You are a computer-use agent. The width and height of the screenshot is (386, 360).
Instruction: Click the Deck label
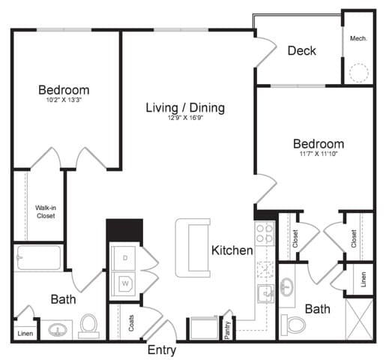tap(301, 51)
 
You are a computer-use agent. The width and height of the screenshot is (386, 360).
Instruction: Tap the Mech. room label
tap(358, 37)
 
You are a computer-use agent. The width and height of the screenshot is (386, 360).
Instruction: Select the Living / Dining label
tap(185, 108)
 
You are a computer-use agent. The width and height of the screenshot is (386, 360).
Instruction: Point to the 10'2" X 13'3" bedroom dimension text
tap(64, 103)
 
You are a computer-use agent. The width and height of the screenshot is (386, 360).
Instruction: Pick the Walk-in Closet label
tap(45, 211)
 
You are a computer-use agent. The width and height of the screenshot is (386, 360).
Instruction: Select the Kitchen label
tap(232, 250)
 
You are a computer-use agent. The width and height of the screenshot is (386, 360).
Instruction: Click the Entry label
tap(162, 350)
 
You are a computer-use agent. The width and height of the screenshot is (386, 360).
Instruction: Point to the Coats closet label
tap(131, 322)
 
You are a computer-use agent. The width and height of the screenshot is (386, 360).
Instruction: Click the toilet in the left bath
tap(88, 325)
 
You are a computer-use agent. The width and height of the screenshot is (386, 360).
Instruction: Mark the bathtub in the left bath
tap(39, 257)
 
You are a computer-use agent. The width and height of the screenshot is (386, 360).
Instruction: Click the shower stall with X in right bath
tap(359, 319)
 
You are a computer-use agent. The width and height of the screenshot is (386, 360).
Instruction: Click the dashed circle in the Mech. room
tap(359, 73)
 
